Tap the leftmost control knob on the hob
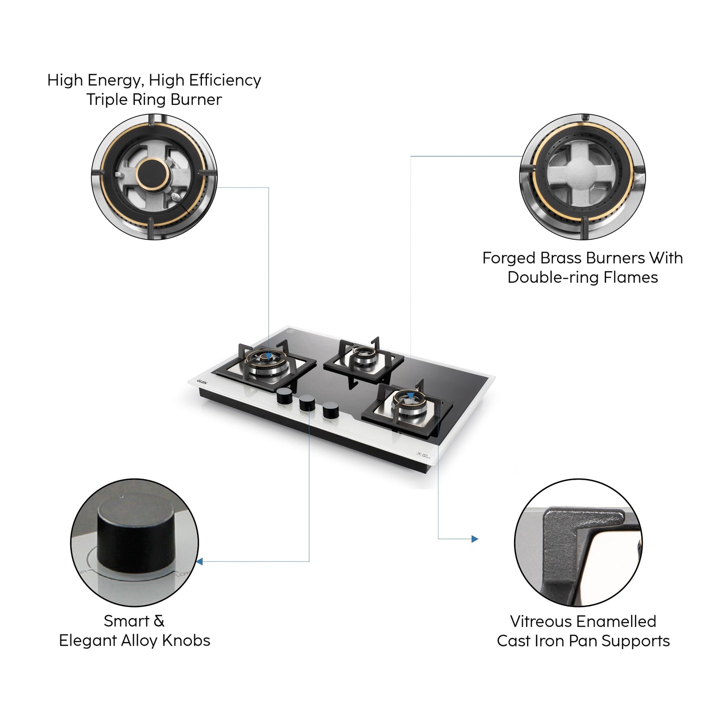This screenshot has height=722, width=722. click(284, 396)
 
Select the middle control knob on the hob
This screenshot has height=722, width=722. click(307, 403)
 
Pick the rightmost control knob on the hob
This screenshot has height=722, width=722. click(330, 411)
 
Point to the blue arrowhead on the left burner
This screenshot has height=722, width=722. click(269, 356)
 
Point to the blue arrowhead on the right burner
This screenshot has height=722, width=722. click(410, 396)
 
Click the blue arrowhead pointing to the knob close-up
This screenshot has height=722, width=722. click(200, 562)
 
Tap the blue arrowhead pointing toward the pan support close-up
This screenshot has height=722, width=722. click(475, 539)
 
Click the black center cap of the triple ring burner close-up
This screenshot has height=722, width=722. click(152, 174)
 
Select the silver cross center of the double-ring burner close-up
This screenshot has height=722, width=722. click(582, 177)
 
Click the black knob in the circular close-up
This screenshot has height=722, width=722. click(136, 535)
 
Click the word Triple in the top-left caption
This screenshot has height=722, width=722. click(106, 99)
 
